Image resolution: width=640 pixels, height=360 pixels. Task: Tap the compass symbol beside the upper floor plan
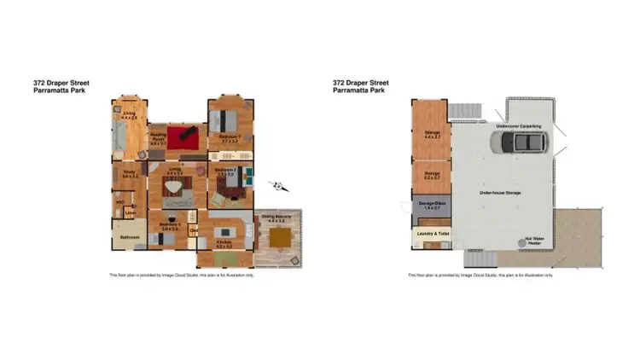coord(279,186)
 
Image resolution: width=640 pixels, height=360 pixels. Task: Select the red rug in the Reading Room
coord(182,135)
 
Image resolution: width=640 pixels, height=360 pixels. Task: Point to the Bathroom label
coord(129,236)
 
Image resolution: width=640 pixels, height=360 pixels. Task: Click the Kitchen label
coord(224,242)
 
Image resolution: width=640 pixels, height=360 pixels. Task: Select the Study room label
coord(130,174)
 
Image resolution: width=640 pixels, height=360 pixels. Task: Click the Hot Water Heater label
coord(535,241)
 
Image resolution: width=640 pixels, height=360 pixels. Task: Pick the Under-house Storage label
coord(501,194)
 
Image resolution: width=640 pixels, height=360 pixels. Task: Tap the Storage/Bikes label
coord(431,205)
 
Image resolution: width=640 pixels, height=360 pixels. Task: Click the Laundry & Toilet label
coord(432,232)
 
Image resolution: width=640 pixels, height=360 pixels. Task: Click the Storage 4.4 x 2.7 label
coord(432,134)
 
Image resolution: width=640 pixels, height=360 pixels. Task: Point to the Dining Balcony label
coord(275,217)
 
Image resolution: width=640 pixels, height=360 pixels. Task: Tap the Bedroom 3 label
coord(169,227)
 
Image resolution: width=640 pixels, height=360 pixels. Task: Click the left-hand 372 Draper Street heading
coord(61,83)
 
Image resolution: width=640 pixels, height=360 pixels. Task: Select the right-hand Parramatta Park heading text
coord(359,90)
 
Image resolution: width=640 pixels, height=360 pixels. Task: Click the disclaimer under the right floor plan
coord(480,275)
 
